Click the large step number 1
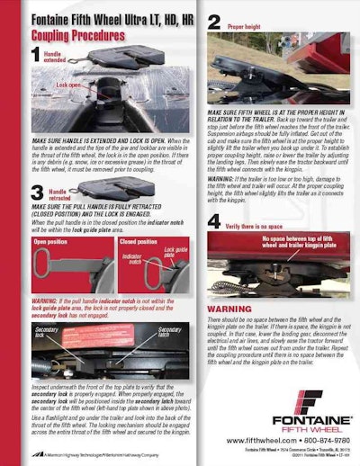tap(37, 55)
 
